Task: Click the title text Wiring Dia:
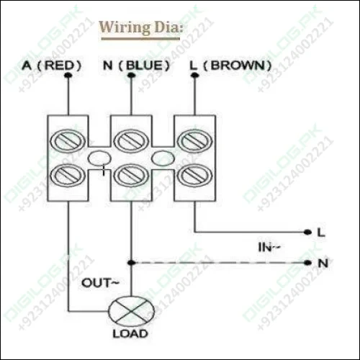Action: click(x=141, y=28)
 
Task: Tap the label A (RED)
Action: click(x=51, y=66)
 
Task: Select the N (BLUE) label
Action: click(x=137, y=66)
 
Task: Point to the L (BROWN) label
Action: click(x=230, y=66)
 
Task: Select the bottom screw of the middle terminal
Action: click(x=130, y=174)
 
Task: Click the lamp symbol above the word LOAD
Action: click(x=130, y=312)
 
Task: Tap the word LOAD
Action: click(x=130, y=334)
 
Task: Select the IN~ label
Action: click(x=270, y=248)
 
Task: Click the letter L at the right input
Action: click(x=321, y=232)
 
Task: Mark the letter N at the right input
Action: click(x=322, y=263)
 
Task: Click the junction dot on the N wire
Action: click(x=130, y=263)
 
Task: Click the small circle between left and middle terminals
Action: click(x=99, y=158)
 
